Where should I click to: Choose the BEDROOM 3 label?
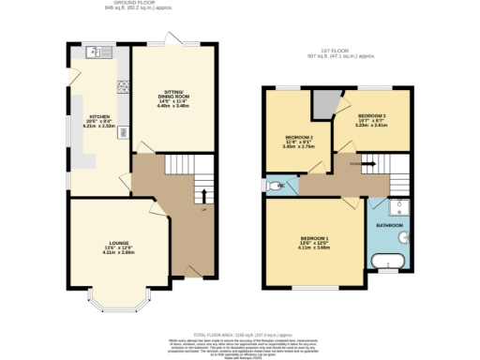tap(371, 115)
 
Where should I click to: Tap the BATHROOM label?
tap(389, 226)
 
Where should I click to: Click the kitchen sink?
tap(97, 52)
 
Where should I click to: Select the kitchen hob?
tap(122, 88)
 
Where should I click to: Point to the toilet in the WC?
tap(272, 185)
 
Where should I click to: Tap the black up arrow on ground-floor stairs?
tap(203, 195)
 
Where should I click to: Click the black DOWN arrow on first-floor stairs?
tap(369, 163)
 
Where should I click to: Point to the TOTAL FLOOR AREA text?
tap(240, 333)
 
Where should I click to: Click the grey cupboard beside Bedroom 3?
tap(323, 103)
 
